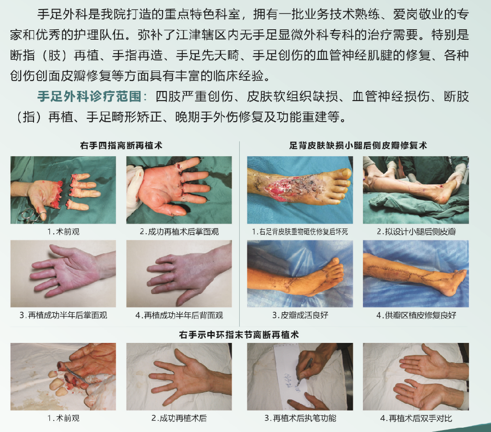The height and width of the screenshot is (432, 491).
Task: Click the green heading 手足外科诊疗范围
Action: point(89,96)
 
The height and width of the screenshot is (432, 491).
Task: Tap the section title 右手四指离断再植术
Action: point(121,146)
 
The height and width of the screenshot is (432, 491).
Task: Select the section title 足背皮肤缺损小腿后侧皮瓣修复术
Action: point(358,146)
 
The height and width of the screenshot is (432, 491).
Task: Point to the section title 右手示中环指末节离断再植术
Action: point(239,335)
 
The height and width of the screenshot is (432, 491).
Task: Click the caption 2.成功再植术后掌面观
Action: point(179,232)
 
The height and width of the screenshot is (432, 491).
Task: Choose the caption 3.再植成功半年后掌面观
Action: point(63,315)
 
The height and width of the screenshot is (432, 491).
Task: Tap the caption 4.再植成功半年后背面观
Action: point(179,315)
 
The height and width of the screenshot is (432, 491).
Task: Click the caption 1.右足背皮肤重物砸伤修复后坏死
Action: point(300,232)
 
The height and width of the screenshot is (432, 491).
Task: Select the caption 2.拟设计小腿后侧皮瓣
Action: point(416,232)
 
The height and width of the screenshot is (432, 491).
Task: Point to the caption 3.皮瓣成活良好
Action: point(300,315)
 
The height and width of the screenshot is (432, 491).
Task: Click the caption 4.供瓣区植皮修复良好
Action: point(416,315)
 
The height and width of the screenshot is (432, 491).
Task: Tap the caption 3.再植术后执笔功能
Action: point(300,418)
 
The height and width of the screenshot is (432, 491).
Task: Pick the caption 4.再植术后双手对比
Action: point(416,418)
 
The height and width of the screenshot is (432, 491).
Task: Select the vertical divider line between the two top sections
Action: point(240,234)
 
